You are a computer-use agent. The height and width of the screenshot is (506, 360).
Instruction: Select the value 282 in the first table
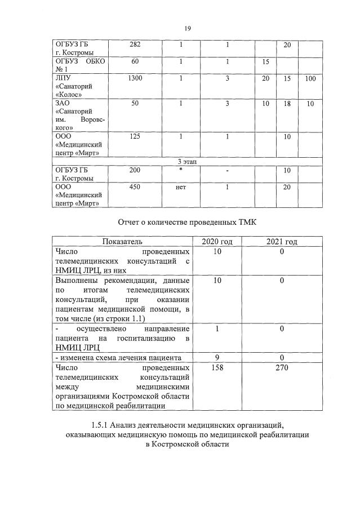pyautogui.click(x=135, y=45)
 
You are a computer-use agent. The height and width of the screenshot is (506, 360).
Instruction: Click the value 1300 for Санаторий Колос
pyautogui.click(x=135, y=78)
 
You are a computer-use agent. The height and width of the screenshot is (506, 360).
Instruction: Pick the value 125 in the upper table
pyautogui.click(x=135, y=136)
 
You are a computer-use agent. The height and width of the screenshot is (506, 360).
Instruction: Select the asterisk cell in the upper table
pyautogui.click(x=181, y=170)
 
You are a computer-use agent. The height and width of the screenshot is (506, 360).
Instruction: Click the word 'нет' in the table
pyautogui.click(x=181, y=187)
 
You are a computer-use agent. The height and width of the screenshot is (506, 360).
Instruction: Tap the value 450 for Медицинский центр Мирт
pyautogui.click(x=135, y=187)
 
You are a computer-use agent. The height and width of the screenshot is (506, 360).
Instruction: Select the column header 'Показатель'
pyautogui.click(x=122, y=242)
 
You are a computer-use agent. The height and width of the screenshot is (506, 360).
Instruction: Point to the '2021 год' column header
pyautogui.click(x=282, y=242)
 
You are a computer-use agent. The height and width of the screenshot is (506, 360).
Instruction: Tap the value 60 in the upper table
pyautogui.click(x=135, y=61)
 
